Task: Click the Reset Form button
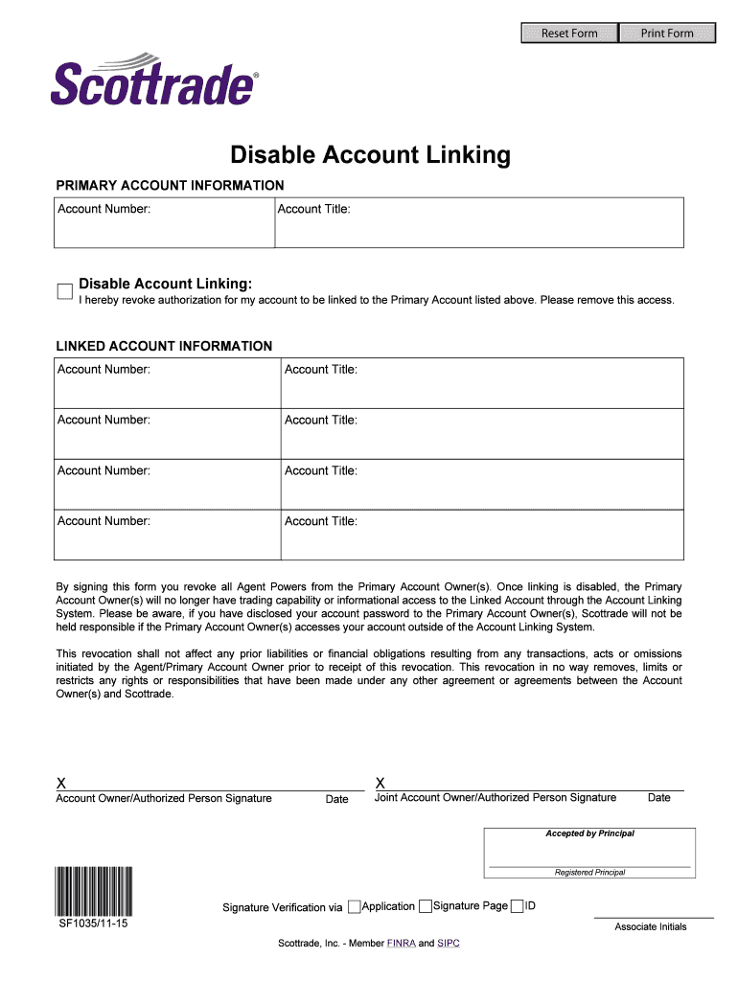[569, 34]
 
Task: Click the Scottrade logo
[154, 82]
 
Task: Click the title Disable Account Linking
[370, 155]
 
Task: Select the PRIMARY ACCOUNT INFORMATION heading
[170, 185]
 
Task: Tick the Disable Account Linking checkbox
[65, 291]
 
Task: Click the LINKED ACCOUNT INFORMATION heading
[164, 346]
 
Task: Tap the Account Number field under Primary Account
[163, 230]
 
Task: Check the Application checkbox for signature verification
[355, 906]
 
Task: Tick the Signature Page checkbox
[426, 906]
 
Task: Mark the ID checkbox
[518, 906]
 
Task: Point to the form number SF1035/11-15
[94, 925]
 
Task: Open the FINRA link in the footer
[401, 944]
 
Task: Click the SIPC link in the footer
[449, 944]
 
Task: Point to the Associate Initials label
[651, 926]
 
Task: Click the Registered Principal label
[589, 873]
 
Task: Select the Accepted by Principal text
[589, 833]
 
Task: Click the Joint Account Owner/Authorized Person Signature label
[496, 798]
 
